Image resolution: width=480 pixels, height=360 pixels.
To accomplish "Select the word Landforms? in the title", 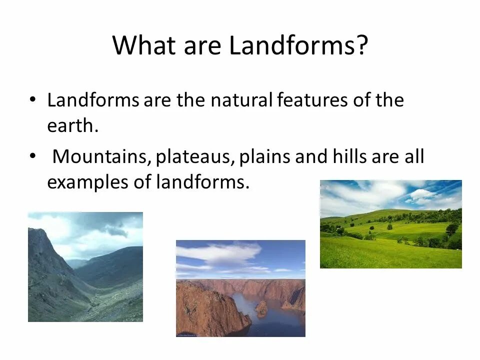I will [298, 45].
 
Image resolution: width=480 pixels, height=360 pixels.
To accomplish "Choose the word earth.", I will [70, 126].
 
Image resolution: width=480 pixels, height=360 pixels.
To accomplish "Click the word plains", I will [265, 157].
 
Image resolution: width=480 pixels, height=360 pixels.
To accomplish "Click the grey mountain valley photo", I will [85, 267].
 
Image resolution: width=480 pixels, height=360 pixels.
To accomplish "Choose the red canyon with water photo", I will [240, 288].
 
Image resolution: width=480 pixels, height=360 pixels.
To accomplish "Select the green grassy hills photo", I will [390, 224].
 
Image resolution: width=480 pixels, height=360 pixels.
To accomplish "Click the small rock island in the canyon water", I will [261, 308].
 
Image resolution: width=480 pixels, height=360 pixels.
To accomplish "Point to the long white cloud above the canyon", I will [220, 251].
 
